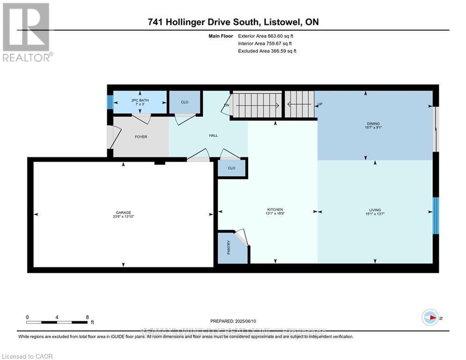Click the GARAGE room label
pyautogui.click(x=123, y=212)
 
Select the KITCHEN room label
pyautogui.click(x=275, y=210)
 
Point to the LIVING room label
pyautogui.click(x=374, y=210)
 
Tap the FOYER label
pyautogui.click(x=141, y=137)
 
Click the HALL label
pyautogui.click(x=213, y=135)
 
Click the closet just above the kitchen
pyautogui.click(x=231, y=167)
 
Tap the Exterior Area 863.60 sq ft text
pyautogui.click(x=266, y=36)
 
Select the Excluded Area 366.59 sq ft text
pyautogui.click(x=267, y=51)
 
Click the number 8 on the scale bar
pyautogui.click(x=87, y=317)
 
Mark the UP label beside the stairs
pyautogui.click(x=320, y=104)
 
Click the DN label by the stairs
pyautogui.click(x=226, y=105)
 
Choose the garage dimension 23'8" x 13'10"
pyautogui.click(x=123, y=217)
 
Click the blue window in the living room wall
pyautogui.click(x=436, y=216)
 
